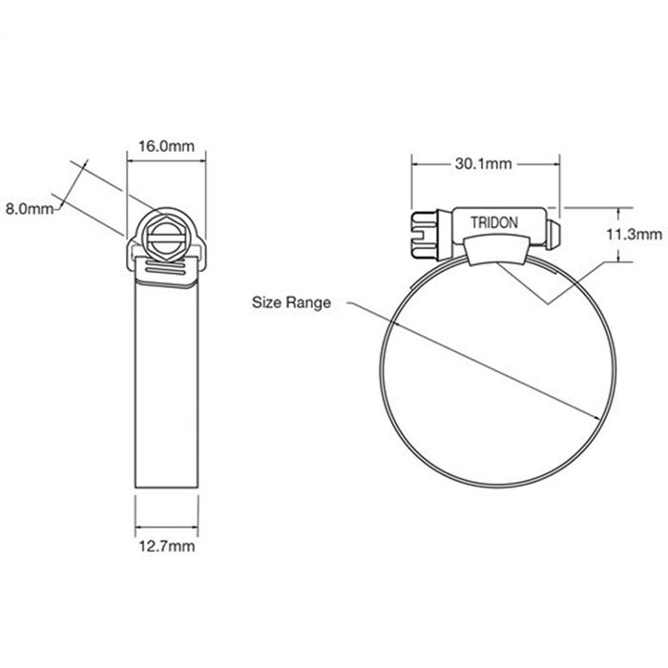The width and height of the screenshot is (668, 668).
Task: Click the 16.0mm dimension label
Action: [166, 146]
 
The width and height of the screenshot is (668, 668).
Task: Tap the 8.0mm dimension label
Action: [30, 209]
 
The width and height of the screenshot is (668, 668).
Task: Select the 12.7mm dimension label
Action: [167, 546]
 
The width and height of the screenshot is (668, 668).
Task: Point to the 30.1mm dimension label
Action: [483, 163]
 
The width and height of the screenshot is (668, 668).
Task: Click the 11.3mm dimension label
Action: [634, 235]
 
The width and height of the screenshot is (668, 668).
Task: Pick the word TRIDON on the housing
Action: [494, 222]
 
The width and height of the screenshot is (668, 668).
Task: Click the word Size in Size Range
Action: [266, 303]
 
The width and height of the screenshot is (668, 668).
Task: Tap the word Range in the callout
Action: [308, 303]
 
